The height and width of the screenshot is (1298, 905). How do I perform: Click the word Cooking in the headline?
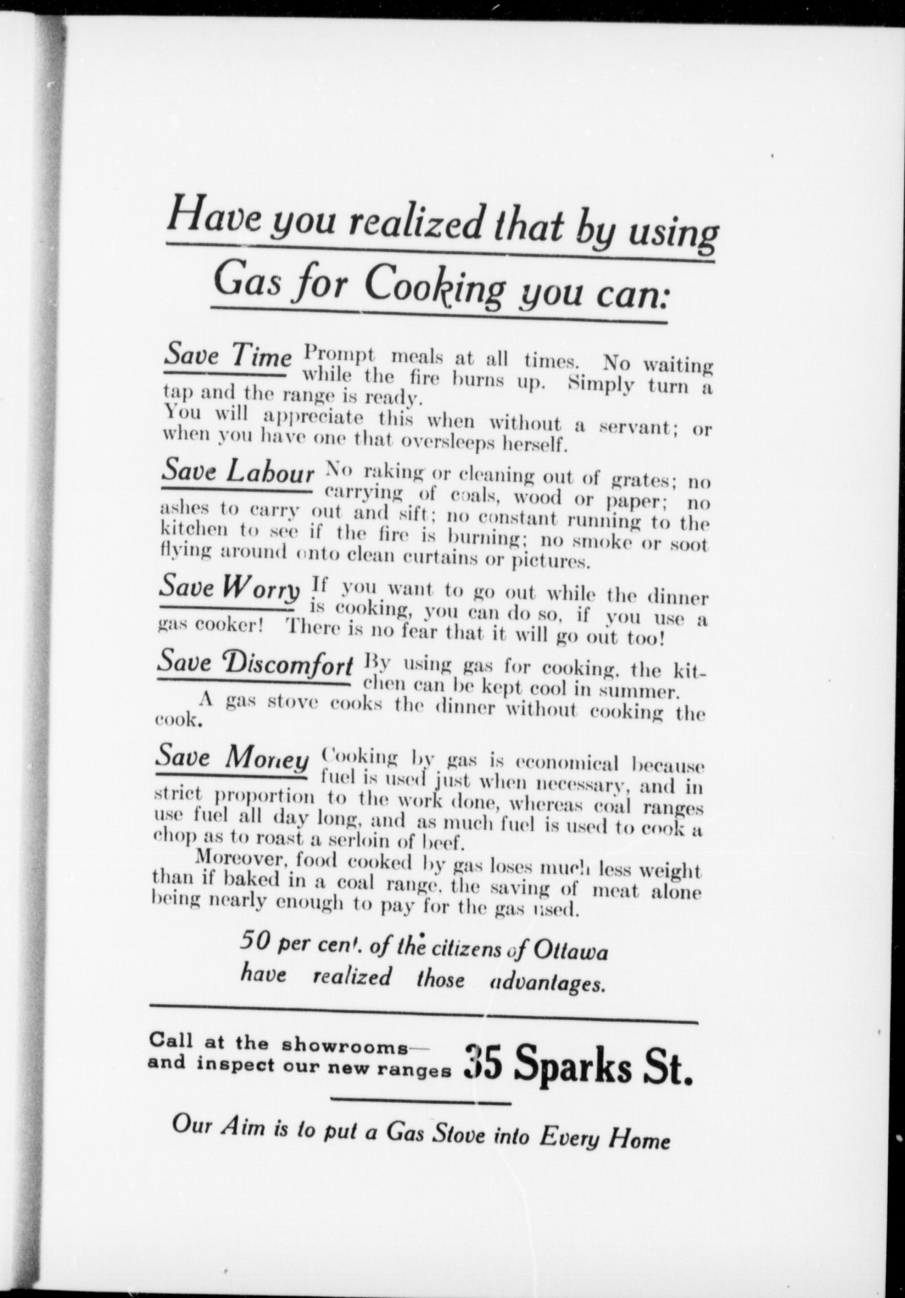coord(434,286)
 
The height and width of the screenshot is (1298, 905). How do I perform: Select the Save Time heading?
coord(228,356)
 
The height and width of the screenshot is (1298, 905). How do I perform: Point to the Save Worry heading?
coord(229,586)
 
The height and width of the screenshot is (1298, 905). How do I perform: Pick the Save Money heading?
coord(232,757)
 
